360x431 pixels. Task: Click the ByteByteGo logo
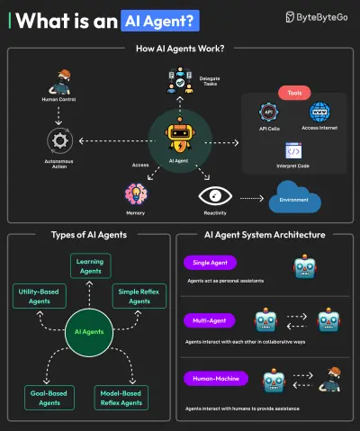coord(314,17)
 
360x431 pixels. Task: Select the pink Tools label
coord(294,94)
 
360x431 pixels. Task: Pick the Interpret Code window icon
coord(293,150)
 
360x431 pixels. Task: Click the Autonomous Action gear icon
coord(61,140)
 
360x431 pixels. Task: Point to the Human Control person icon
coord(61,78)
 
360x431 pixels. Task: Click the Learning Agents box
coord(91,265)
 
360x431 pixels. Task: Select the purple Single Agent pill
coord(208,263)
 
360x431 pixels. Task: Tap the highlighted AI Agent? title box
coord(160,18)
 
